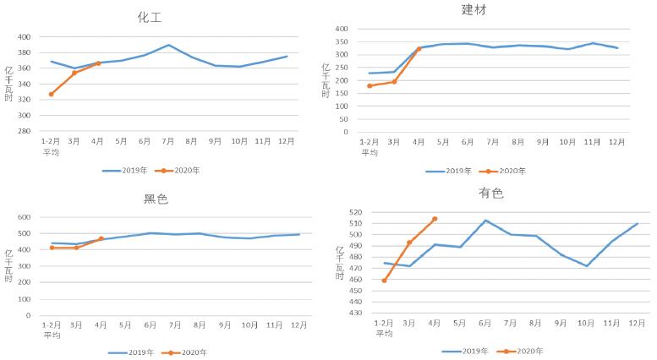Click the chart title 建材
[474, 9]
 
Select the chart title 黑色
[156, 199]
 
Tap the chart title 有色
[491, 194]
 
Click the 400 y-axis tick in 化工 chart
[24, 37]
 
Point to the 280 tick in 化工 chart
[24, 131]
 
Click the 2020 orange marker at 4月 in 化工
[98, 63]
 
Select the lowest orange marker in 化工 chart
[51, 94]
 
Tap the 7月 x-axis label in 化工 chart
[169, 141]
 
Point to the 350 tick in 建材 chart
[342, 41]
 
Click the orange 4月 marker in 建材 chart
[419, 49]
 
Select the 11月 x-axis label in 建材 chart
[593, 142]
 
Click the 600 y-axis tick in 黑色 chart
[24, 217]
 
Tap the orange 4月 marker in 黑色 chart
[101, 238]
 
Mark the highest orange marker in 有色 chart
[435, 219]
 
